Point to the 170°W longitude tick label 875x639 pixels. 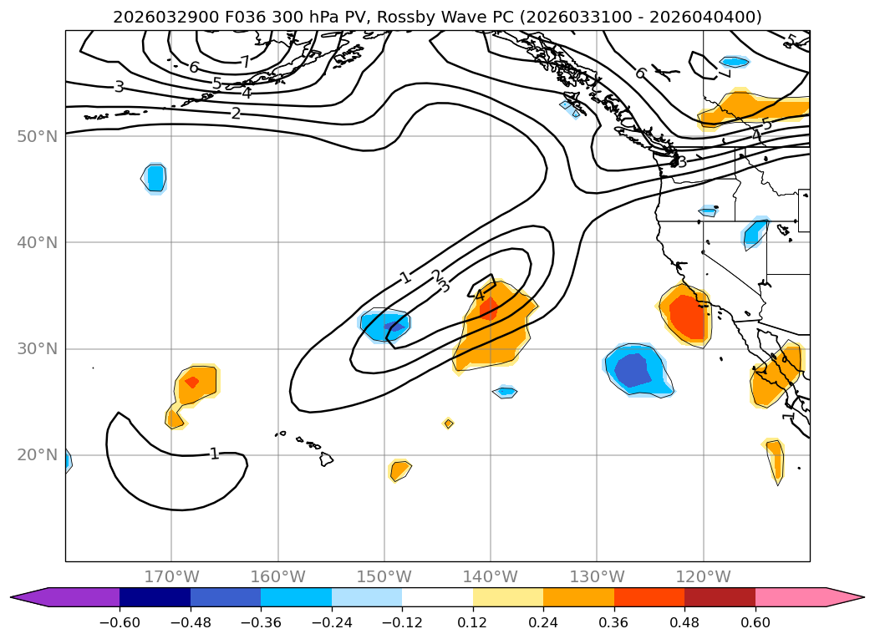tap(171, 576)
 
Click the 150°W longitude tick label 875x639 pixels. tap(384, 576)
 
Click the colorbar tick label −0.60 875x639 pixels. tap(120, 623)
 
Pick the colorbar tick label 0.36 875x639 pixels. tap(614, 623)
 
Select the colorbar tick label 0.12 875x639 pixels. tap(473, 623)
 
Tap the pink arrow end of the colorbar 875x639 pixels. tap(844, 597)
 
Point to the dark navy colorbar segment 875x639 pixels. tap(155, 597)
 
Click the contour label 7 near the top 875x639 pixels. tap(244, 62)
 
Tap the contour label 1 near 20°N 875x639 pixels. tap(214, 454)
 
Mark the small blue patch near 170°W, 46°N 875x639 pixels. tap(155, 178)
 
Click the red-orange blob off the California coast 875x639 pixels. tap(688, 315)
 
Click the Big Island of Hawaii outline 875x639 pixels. tap(326, 459)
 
